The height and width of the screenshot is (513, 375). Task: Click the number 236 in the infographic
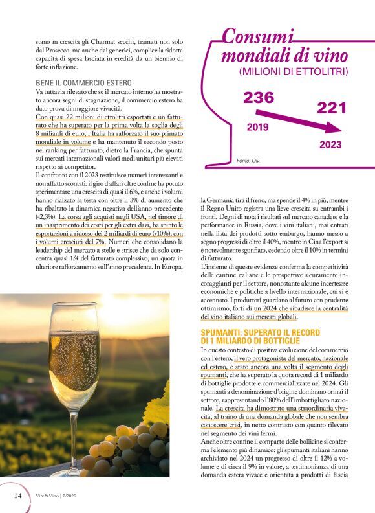tap(259, 98)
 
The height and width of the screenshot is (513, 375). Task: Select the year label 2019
tap(257, 127)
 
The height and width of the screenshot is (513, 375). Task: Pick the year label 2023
tap(330, 145)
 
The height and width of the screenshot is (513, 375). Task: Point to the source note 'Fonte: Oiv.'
tap(248, 159)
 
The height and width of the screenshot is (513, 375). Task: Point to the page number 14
tap(18, 496)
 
